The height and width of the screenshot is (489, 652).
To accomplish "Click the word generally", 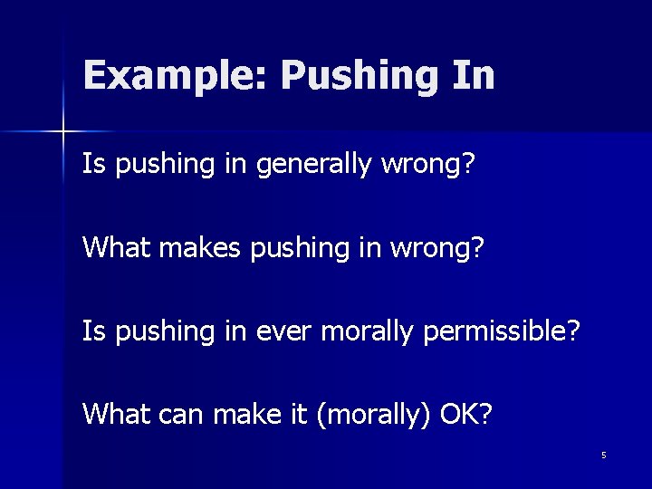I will pos(308,165).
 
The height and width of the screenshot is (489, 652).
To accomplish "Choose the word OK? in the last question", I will pos(466,414).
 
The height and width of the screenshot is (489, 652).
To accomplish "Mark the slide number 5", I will pos(603,455).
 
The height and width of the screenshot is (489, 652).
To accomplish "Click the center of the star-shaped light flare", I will pos(62,132).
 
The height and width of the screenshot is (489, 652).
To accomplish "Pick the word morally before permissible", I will pos(359,331).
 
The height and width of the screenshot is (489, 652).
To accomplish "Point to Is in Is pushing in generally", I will pos(93,165).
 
